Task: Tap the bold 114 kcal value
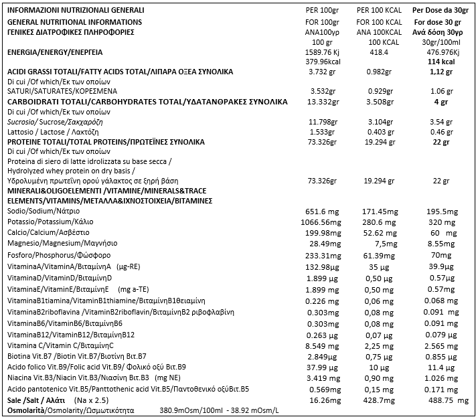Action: (437, 62)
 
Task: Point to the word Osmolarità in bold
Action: (26, 410)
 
